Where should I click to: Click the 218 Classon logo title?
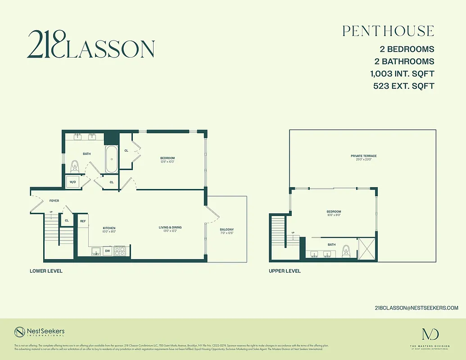pyautogui.click(x=90, y=45)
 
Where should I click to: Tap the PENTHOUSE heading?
pyautogui.click(x=388, y=31)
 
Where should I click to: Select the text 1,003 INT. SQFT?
pyautogui.click(x=403, y=74)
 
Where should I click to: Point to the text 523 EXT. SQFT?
pyautogui.click(x=403, y=86)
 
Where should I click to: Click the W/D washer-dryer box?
pyautogui.click(x=72, y=182)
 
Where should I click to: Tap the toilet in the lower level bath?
pyautogui.click(x=75, y=167)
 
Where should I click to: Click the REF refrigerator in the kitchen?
pyautogui.click(x=83, y=221)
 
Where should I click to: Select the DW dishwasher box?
pyautogui.click(x=108, y=251)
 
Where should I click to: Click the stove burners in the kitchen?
pyautogui.click(x=120, y=251)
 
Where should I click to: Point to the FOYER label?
pyautogui.click(x=54, y=201)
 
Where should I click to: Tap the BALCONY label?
pyautogui.click(x=227, y=229)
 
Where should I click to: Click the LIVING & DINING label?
pyautogui.click(x=170, y=227)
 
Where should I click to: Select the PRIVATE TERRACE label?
pyautogui.click(x=363, y=156)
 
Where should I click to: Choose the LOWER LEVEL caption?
pyautogui.click(x=46, y=271)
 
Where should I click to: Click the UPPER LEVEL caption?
pyautogui.click(x=285, y=271)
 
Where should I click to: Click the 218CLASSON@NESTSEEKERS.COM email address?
pyautogui.click(x=416, y=308)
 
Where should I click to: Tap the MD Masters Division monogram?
pyautogui.click(x=430, y=334)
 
